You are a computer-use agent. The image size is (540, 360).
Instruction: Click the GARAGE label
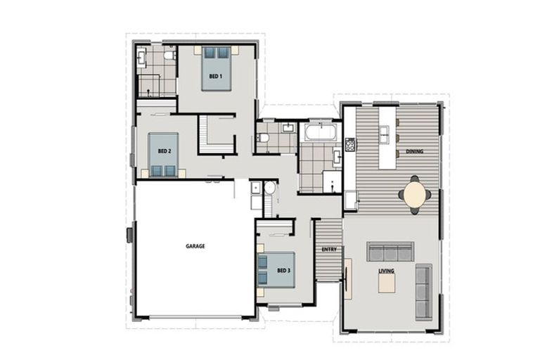[195, 246]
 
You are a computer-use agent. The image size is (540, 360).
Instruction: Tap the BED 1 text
[215, 76]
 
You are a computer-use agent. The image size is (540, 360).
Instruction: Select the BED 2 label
[163, 151]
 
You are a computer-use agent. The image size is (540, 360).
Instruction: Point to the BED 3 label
[283, 270]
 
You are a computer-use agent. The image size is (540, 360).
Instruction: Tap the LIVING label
[386, 270]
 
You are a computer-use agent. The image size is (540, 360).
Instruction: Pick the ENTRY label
[328, 250]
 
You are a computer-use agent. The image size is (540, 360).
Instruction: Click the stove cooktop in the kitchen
[349, 145]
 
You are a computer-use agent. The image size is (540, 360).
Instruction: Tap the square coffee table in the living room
[387, 283]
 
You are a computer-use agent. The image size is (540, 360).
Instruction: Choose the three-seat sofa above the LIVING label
[390, 252]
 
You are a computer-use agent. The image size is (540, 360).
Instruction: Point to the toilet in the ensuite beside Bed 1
[169, 54]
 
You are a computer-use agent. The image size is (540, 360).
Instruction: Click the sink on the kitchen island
[385, 131]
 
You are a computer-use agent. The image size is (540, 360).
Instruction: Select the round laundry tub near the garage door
[257, 188]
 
